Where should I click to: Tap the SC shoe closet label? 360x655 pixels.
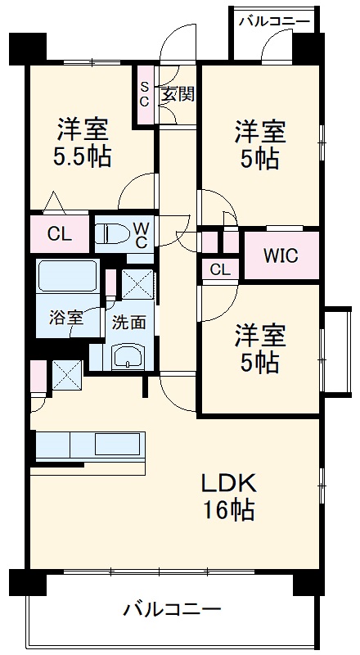pyautogui.click(x=144, y=94)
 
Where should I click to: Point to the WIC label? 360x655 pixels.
pyautogui.click(x=281, y=255)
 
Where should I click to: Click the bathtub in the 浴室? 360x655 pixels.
pyautogui.click(x=68, y=276)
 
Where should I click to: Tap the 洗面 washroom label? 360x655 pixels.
pyautogui.click(x=129, y=322)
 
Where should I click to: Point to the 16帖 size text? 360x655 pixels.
pyautogui.click(x=229, y=511)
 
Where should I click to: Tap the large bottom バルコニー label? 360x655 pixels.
pyautogui.click(x=173, y=610)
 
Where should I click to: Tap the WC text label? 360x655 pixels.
pyautogui.click(x=139, y=234)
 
